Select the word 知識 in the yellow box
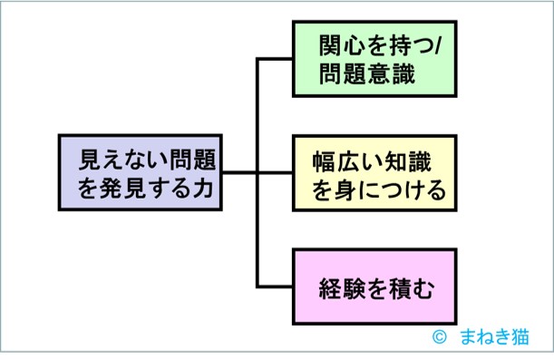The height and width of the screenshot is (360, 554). click(x=407, y=160)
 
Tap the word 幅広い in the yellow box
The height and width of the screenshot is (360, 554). click(x=344, y=160)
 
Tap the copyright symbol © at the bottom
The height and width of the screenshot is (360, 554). click(x=442, y=336)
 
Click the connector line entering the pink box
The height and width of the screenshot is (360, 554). click(x=275, y=287)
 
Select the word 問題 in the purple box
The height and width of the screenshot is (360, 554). click(x=182, y=158)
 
